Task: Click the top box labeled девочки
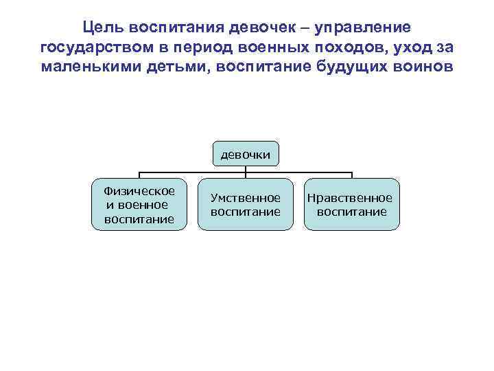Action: point(246,155)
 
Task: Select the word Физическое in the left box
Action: point(139,190)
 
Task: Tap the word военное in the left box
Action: point(143,205)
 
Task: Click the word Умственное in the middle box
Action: point(246,198)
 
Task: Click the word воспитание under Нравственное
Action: point(352,212)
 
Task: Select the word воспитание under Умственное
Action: point(246,212)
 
